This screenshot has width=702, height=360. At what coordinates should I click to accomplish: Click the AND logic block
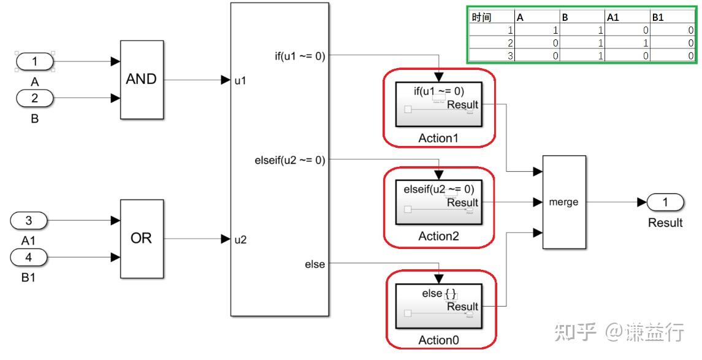tap(142, 80)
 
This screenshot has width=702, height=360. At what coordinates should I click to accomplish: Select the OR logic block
tap(142, 239)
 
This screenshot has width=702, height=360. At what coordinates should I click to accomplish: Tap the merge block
tap(564, 202)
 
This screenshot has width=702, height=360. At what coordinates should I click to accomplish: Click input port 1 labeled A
tap(34, 61)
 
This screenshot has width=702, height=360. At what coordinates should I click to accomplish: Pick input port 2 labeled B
tap(34, 98)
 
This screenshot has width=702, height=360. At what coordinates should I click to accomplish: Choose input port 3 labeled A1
tap(28, 220)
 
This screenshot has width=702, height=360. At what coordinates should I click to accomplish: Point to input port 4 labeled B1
tap(28, 257)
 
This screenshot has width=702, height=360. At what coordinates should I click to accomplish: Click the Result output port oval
tap(665, 202)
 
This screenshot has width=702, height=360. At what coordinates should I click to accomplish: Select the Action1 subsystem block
tap(438, 104)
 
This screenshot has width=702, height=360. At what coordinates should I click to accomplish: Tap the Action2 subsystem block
tap(438, 202)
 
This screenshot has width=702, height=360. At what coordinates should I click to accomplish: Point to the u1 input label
tap(241, 80)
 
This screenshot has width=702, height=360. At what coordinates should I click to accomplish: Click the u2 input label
tap(241, 239)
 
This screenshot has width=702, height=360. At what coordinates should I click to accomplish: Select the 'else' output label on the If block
tap(315, 264)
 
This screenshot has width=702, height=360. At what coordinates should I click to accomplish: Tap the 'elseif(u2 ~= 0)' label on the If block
tap(289, 161)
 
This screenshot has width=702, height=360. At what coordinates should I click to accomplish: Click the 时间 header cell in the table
tap(483, 18)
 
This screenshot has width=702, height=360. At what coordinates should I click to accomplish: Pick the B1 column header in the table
tap(658, 18)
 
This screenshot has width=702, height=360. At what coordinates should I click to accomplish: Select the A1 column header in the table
tap(614, 18)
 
